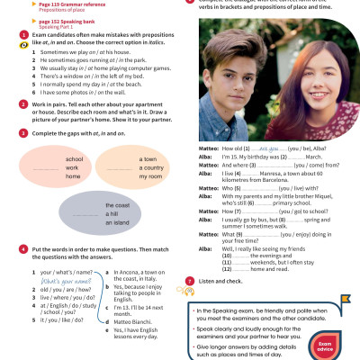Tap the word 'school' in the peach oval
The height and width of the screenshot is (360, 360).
click(75, 158)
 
